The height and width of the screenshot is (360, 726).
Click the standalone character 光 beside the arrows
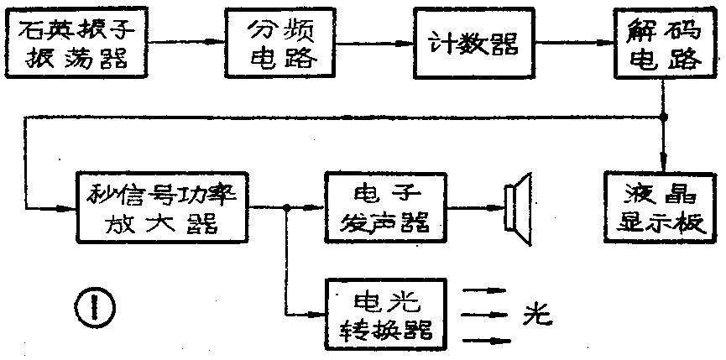tap(535, 315)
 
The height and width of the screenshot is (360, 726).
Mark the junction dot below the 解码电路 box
tap(665, 117)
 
